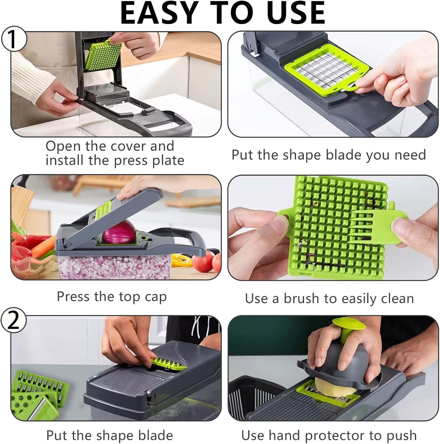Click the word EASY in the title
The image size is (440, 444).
tap(158, 13)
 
